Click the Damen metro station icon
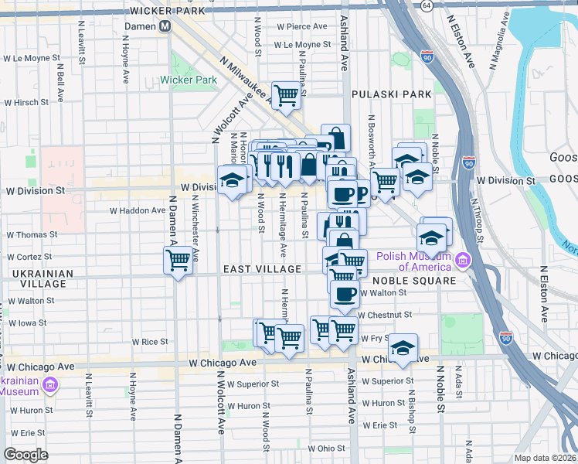(165, 26)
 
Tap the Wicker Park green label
(189, 80)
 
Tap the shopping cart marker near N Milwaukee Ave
(285, 96)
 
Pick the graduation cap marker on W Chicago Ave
(403, 349)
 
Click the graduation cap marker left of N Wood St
(233, 181)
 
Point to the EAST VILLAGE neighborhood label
(262, 268)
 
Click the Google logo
(26, 454)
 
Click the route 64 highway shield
(427, 5)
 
